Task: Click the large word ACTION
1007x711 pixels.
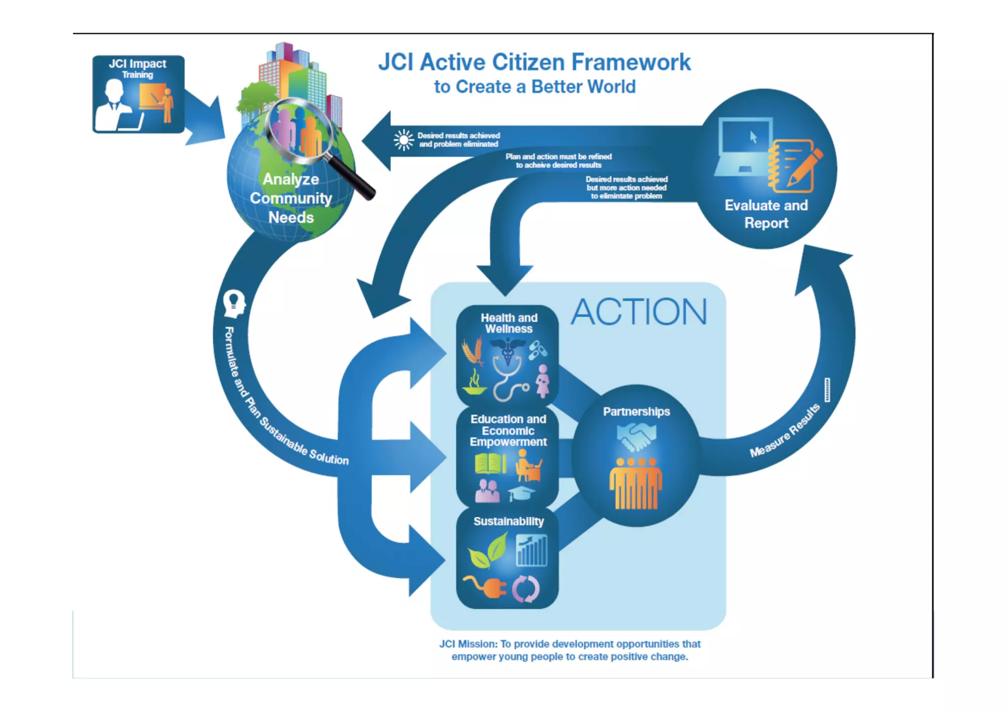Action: tap(639, 312)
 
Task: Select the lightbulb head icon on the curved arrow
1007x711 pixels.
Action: tap(234, 303)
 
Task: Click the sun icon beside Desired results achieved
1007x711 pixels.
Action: tap(404, 140)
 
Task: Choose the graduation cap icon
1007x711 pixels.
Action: tap(522, 492)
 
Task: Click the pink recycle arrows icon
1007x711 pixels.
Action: tap(526, 589)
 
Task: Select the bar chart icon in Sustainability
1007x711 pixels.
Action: tap(532, 550)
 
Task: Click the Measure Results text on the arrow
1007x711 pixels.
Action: tap(785, 430)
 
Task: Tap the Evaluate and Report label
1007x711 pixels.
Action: tap(766, 214)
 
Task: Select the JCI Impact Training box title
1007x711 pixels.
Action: tap(138, 68)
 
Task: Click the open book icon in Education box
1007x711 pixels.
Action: tap(491, 463)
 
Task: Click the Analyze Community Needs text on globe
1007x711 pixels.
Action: tap(291, 198)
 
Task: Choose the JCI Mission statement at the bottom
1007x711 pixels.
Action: tap(570, 650)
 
